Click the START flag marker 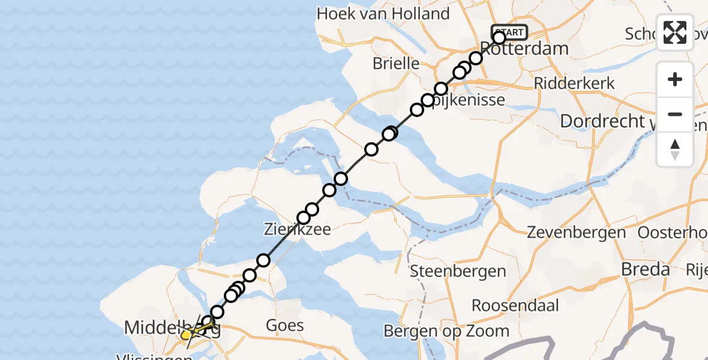pyautogui.click(x=509, y=32)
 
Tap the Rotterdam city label pyautogui.click(x=524, y=49)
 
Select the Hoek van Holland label pyautogui.click(x=383, y=14)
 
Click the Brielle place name pyautogui.click(x=395, y=63)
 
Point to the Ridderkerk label pyautogui.click(x=574, y=83)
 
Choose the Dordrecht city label pyautogui.click(x=601, y=121)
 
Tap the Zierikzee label pyautogui.click(x=298, y=229)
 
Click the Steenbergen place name pyautogui.click(x=458, y=271)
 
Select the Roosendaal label pyautogui.click(x=515, y=305)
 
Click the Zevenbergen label pyautogui.click(x=576, y=232)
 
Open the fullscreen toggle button pyautogui.click(x=675, y=32)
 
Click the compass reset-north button pyautogui.click(x=675, y=149)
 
